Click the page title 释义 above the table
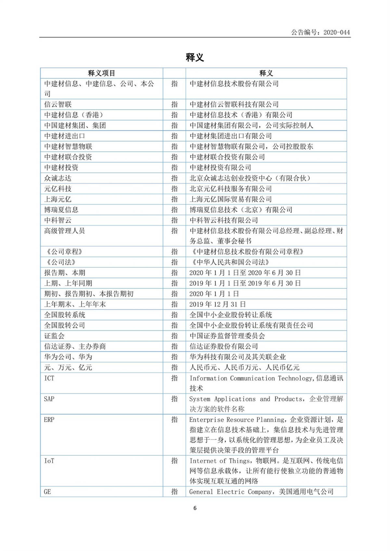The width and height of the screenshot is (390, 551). [x=195, y=57]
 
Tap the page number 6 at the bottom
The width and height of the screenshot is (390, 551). [x=195, y=508]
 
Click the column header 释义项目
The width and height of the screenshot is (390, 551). [x=101, y=73]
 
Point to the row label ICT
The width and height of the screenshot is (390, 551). [x=49, y=378]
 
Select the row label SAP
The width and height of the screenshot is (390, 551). [x=49, y=399]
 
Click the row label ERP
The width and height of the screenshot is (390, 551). [x=49, y=420]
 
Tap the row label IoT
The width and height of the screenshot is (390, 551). [x=49, y=461]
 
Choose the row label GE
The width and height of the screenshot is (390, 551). [x=47, y=492]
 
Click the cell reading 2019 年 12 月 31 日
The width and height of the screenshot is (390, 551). [x=217, y=305]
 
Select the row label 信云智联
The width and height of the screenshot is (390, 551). [x=58, y=105]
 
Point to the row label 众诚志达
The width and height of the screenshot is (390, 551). [x=58, y=178]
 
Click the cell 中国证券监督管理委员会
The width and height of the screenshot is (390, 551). [x=227, y=336]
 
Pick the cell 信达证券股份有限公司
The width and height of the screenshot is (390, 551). [x=224, y=346]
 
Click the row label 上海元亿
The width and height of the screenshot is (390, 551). [x=58, y=199]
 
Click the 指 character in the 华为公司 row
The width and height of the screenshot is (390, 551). [x=175, y=357]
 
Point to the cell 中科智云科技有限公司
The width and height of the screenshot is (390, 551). [x=224, y=220]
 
